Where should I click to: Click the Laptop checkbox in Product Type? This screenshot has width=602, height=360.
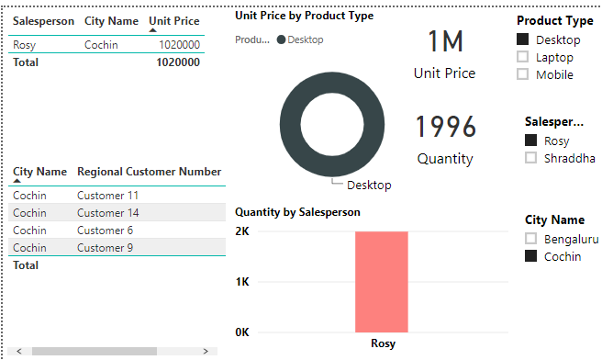(x=523, y=57)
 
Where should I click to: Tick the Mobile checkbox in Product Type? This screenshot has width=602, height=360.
(x=523, y=74)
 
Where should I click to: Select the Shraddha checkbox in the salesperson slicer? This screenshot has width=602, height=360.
(x=530, y=158)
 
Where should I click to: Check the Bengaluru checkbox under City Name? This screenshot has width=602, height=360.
(x=530, y=239)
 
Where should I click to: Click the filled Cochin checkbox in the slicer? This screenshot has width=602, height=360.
(x=530, y=256)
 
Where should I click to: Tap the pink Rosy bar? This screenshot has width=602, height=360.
(x=382, y=281)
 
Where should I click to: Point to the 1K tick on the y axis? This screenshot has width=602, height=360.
(x=243, y=281)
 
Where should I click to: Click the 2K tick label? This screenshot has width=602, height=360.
(x=243, y=231)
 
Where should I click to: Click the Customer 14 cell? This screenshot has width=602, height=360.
(x=107, y=213)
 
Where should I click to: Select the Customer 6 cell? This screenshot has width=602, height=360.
(x=105, y=231)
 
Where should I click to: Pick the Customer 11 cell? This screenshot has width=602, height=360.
(x=107, y=196)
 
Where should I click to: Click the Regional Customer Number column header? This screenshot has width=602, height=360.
(x=149, y=172)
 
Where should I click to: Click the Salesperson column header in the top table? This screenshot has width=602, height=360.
(x=43, y=20)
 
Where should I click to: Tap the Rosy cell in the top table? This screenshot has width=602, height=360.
(x=25, y=44)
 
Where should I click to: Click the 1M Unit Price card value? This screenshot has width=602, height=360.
(x=445, y=41)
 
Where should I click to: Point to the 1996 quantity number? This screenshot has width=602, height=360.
(x=445, y=127)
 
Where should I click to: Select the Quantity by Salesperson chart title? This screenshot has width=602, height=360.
(x=297, y=212)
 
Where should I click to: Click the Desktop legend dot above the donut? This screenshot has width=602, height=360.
(x=281, y=39)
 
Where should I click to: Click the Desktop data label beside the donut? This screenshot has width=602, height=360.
(x=369, y=185)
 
